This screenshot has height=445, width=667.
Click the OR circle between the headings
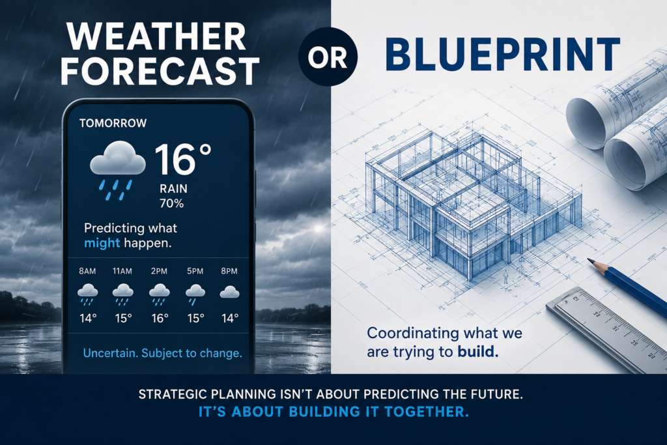[x=328, y=57]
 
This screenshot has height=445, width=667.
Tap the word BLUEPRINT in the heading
[x=502, y=54]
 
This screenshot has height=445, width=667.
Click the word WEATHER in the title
[x=156, y=36]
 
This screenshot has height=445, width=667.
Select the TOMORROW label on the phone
[x=113, y=123]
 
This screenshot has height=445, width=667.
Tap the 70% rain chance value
[x=171, y=203]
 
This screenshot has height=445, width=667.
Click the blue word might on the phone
[x=102, y=243]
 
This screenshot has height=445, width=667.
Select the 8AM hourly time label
[x=87, y=271]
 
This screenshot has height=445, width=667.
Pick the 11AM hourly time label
[x=122, y=271]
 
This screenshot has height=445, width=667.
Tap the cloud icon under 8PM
[x=229, y=292]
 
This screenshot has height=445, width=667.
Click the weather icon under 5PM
[x=195, y=294]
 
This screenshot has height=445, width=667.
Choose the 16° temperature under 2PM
[x=160, y=318]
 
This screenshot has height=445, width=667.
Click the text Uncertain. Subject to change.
[x=162, y=353]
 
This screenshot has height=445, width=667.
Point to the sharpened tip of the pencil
[x=589, y=259]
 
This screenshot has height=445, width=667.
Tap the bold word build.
[x=478, y=352]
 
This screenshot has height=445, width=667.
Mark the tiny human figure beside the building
[x=505, y=276]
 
